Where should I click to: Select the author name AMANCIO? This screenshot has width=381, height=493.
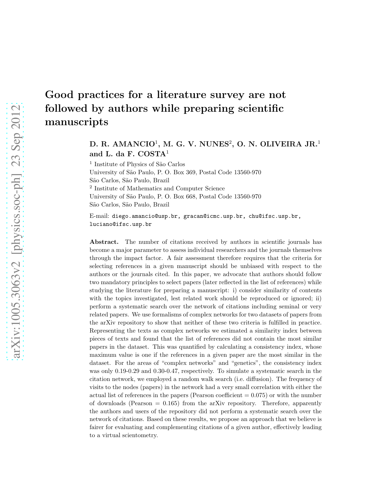click(x=134, y=144)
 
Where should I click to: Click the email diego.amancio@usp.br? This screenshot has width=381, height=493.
click(x=145, y=216)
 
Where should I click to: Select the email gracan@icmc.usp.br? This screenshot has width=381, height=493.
click(x=213, y=216)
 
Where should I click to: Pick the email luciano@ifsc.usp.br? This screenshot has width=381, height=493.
click(x=120, y=224)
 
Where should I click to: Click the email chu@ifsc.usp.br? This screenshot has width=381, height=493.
click(x=273, y=216)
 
